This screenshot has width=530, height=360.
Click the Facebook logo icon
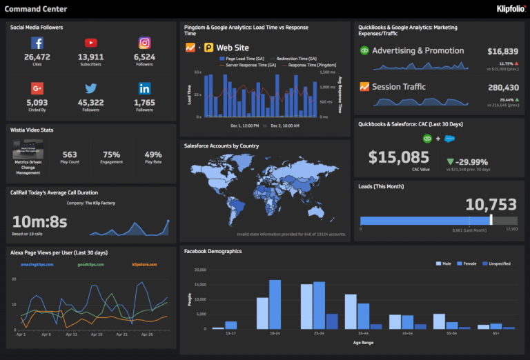(x=37, y=43)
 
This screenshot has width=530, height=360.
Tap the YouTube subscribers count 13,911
(x=90, y=57)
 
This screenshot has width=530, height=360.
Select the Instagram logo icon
(x=144, y=43)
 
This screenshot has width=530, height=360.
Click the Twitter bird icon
(x=90, y=88)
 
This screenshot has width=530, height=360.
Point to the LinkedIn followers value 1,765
(x=144, y=103)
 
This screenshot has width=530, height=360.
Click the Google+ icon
(x=37, y=88)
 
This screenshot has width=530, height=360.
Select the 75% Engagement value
(x=111, y=154)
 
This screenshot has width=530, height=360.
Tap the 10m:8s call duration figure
(x=40, y=221)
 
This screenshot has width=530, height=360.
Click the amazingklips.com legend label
(x=36, y=264)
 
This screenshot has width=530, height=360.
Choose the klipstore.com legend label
(x=144, y=264)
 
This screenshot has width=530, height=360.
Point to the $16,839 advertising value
(x=502, y=51)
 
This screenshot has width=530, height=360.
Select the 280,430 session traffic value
(x=502, y=88)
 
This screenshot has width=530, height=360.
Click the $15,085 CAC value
(x=398, y=157)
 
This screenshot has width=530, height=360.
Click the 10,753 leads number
(x=491, y=204)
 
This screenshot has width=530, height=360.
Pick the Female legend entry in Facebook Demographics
(x=468, y=263)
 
